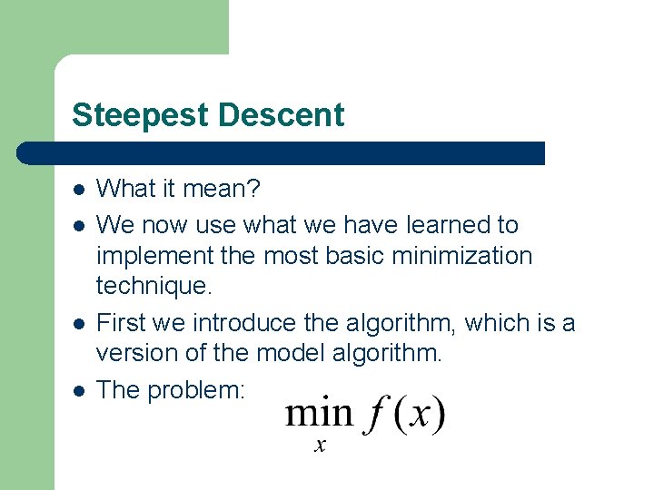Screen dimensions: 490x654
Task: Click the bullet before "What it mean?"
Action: (x=79, y=190)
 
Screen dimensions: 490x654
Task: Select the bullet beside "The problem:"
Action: (x=79, y=391)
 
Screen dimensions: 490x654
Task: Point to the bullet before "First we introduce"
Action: (x=79, y=324)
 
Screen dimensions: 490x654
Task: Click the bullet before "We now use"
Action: (x=79, y=224)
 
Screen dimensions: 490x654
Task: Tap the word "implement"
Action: (x=155, y=257)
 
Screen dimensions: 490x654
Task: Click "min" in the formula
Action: (x=318, y=414)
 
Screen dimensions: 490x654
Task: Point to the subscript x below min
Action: (x=320, y=446)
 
